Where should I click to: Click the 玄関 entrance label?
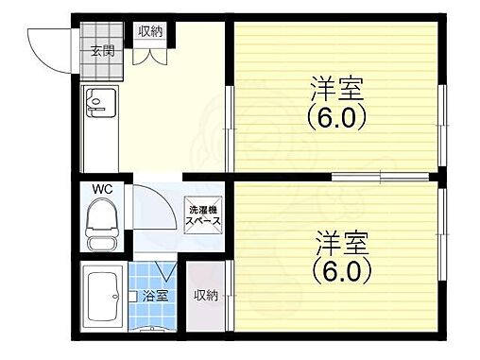(x=102, y=52)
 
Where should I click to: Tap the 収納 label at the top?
(x=150, y=32)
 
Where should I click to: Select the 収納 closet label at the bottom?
(x=205, y=296)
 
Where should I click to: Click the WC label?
(x=102, y=189)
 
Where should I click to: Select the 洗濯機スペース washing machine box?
(x=203, y=214)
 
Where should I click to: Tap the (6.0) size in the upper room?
(x=336, y=118)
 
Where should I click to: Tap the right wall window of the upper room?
(x=441, y=117)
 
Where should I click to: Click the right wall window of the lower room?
(x=441, y=236)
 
